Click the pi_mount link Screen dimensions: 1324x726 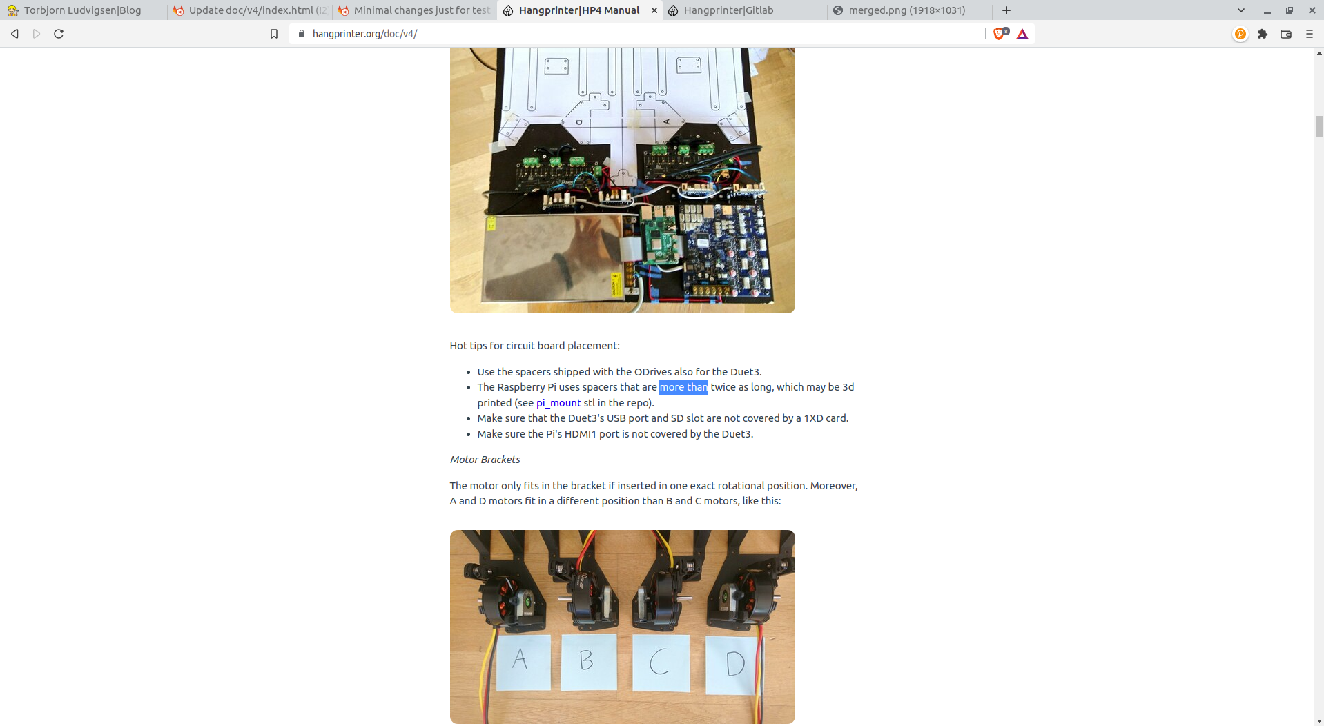click(558, 403)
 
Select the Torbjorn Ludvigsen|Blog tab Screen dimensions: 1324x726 click(83, 10)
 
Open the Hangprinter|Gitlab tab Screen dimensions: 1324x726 click(728, 10)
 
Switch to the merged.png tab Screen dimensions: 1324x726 click(907, 10)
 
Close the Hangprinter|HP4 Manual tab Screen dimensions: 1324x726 click(654, 10)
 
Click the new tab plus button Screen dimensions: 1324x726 click(1006, 10)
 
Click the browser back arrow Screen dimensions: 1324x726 click(14, 34)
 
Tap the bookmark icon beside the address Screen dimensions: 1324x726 click(274, 34)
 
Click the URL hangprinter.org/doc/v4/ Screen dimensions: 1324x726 click(364, 34)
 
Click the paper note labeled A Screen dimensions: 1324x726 click(523, 662)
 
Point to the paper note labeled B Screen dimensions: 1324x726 click(588, 662)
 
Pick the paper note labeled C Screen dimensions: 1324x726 click(661, 663)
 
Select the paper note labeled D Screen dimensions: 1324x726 click(733, 665)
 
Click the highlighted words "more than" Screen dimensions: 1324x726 click(683, 387)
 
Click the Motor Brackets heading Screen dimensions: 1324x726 click(485, 460)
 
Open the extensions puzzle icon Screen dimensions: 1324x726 click(1263, 34)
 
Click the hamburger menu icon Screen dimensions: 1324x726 click(1310, 34)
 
